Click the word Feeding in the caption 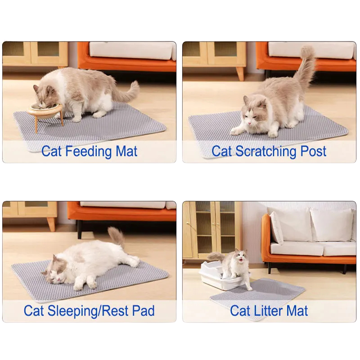(x=89, y=152)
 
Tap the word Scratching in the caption (x=265, y=152)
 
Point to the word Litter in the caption (x=268, y=311)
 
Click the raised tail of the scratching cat (x=306, y=65)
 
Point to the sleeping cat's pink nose (x=58, y=279)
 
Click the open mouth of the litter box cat (x=240, y=261)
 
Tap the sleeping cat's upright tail (x=116, y=237)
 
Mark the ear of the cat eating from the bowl (x=36, y=88)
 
